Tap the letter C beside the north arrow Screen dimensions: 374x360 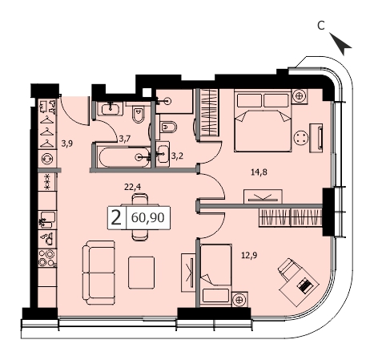click(321, 26)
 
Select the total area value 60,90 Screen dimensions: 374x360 click(147, 217)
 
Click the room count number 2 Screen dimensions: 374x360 click(116, 218)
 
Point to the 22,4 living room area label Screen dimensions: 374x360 click(133, 187)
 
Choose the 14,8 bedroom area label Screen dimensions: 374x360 click(259, 172)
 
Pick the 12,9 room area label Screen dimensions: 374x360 click(249, 256)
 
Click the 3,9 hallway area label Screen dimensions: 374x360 click(67, 144)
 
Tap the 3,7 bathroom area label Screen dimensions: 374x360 click(125, 139)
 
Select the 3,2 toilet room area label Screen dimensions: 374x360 click(177, 156)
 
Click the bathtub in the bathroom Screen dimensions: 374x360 click(124, 157)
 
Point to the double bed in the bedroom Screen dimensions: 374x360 click(263, 121)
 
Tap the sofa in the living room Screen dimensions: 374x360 click(99, 273)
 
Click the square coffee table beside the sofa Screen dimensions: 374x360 click(141, 273)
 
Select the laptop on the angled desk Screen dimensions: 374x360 click(304, 285)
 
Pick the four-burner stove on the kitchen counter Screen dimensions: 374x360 click(47, 258)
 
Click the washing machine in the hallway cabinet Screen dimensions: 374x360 click(47, 159)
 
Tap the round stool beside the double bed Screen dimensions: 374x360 click(301, 138)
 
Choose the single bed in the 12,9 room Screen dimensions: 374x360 click(216, 274)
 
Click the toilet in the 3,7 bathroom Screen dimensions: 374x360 click(139, 114)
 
